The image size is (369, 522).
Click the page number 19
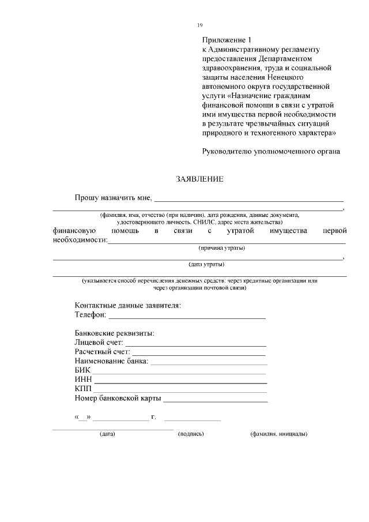tap(199, 25)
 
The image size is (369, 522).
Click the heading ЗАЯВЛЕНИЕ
tap(199, 179)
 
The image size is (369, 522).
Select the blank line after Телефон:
tap(187, 317)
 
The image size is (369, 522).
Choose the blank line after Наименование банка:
tap(208, 363)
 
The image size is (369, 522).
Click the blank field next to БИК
tap(180, 372)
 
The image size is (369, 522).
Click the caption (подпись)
tap(191, 434)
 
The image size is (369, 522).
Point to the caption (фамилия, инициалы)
tap(278, 434)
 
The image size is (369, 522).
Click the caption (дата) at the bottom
tap(107, 434)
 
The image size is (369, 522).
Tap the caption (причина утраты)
tap(221, 248)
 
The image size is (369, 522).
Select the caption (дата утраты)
tap(207, 265)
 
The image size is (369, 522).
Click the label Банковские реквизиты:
tap(115, 333)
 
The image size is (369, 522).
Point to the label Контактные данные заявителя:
tap(128, 305)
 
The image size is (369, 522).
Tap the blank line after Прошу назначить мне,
tap(248, 200)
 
